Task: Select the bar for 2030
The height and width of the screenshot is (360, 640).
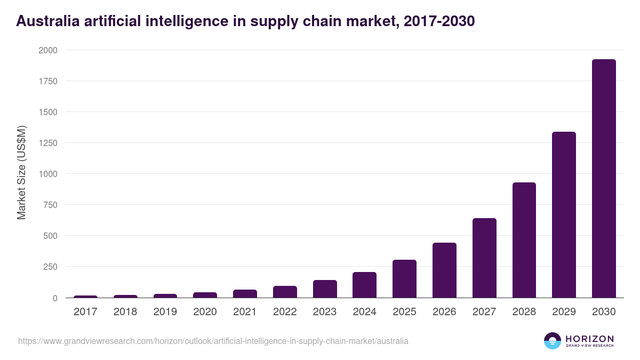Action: (604, 179)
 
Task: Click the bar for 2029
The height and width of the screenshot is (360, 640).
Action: (564, 214)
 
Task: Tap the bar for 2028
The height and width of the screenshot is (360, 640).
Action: (524, 240)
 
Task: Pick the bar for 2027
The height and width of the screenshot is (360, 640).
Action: (484, 258)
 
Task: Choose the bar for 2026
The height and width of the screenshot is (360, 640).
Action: (444, 270)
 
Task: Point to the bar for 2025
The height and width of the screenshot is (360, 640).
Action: (404, 278)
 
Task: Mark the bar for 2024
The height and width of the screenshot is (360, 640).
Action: (364, 285)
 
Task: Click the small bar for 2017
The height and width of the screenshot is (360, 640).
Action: (85, 297)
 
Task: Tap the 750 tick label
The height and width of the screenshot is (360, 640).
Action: (50, 205)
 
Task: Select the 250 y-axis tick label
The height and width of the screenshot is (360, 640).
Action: (50, 267)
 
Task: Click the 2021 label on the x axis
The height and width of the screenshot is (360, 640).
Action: (245, 312)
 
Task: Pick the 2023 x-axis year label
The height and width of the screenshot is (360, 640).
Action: (324, 312)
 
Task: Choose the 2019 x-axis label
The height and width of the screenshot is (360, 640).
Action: (165, 312)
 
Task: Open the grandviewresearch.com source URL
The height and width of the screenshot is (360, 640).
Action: (213, 341)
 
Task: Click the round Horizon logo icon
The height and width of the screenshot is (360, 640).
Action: (553, 341)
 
